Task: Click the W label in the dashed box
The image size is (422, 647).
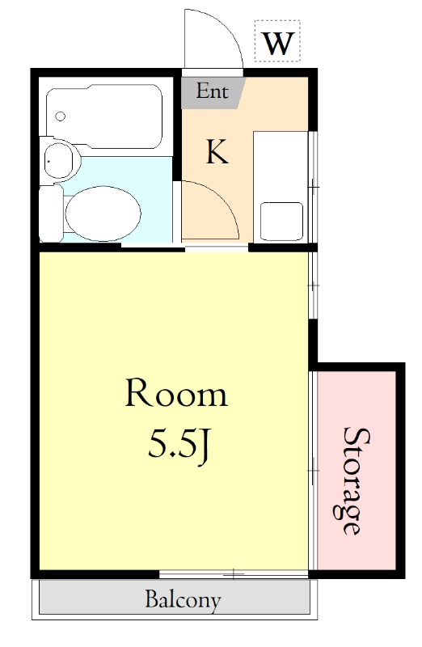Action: pos(278,43)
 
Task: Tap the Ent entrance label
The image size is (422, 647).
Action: pos(212,91)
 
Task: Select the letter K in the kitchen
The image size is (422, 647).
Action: pos(217,152)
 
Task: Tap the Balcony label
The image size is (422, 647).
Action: pos(183,599)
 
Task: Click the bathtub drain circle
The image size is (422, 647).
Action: pos(60,116)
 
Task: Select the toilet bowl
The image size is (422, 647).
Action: pos(103,214)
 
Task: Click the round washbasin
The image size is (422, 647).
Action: pos(58,160)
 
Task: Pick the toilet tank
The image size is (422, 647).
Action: pos(51,214)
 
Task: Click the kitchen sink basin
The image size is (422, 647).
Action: pos(282,221)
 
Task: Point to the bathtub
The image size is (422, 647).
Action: pos(104,116)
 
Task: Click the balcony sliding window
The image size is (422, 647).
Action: pos(234,573)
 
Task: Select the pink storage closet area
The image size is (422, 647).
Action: pos(357,471)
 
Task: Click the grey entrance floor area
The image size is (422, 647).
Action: pos(213,93)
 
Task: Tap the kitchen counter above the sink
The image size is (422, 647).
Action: pos(281,165)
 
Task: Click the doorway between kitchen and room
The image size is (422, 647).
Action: pos(217,247)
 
